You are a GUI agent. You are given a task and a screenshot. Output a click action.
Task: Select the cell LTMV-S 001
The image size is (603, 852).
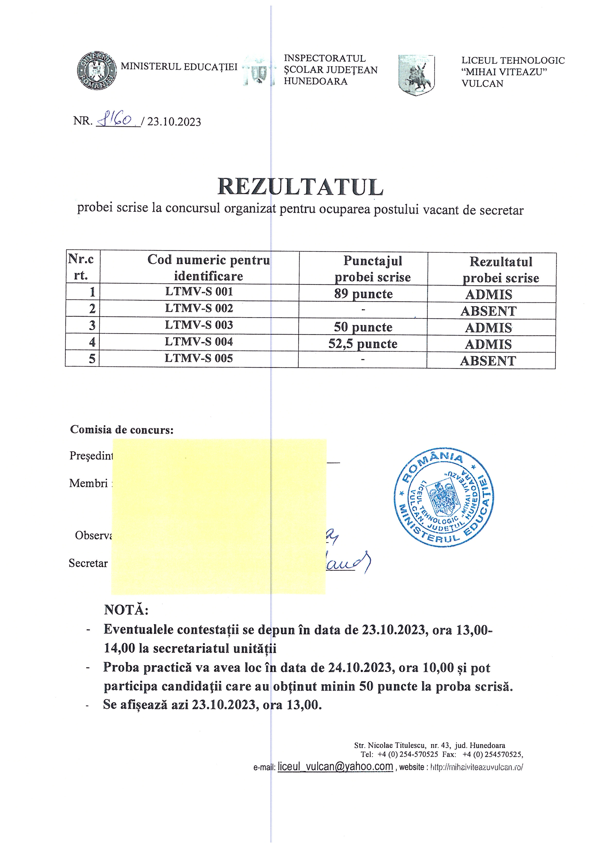click(199, 292)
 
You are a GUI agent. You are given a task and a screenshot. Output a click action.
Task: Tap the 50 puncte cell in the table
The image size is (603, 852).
click(363, 327)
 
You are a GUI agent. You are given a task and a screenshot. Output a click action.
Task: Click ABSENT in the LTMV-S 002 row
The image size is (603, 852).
click(488, 311)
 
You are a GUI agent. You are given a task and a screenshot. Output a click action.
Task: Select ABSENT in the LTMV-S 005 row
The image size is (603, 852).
click(488, 361)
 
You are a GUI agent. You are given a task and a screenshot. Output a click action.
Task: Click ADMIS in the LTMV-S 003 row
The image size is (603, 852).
click(488, 328)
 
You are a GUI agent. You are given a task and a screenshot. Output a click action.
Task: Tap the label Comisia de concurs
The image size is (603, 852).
click(122, 430)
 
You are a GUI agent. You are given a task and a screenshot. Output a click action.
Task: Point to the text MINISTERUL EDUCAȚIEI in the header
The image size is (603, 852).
click(179, 67)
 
